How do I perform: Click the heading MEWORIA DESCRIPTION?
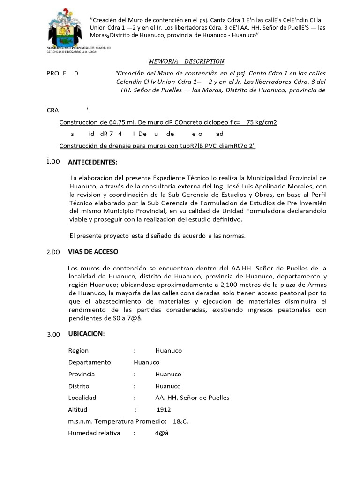pos(186,61)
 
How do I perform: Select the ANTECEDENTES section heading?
pos(93,162)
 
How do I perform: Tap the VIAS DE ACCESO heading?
pos(93,252)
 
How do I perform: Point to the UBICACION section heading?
pos(86,334)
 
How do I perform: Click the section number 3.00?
pos(53,334)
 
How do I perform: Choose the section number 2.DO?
pos(53,252)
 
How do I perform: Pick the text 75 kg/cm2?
pos(262,122)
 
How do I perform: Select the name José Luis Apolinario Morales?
pos(269,186)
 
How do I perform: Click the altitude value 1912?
pos(164,409)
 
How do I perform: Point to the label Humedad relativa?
pos(94,433)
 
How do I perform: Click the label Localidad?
pos(82,397)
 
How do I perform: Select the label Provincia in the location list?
pos(82,374)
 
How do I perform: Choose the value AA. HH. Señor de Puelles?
pos(192,397)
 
